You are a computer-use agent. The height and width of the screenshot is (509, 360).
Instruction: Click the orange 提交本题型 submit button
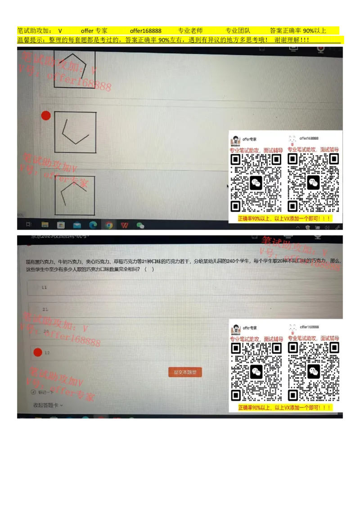[x=185, y=372]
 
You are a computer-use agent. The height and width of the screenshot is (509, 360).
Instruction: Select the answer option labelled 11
[x=44, y=287]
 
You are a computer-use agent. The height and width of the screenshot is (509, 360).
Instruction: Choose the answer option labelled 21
[x=45, y=309]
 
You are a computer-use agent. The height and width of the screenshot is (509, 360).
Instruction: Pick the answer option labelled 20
[x=45, y=331]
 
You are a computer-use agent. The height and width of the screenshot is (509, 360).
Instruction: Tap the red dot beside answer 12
[x=38, y=353]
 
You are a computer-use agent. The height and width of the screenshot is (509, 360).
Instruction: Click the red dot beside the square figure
[x=45, y=116]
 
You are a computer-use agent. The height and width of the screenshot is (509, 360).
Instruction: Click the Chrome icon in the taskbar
[x=109, y=225]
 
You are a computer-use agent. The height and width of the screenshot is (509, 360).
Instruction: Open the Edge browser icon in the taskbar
[x=93, y=225]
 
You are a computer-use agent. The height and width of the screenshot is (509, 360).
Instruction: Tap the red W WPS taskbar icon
[x=125, y=225]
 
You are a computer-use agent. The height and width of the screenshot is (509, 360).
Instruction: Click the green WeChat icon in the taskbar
[x=140, y=225]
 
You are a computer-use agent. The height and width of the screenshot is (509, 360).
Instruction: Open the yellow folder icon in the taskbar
[x=45, y=225]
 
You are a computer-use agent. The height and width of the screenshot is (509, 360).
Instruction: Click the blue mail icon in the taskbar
[x=77, y=225]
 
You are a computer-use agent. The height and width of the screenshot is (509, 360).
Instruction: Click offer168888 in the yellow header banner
[x=145, y=31]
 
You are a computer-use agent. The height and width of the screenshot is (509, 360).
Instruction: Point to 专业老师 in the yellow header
[x=190, y=31]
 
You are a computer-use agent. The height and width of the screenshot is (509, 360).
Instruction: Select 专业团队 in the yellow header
[x=238, y=31]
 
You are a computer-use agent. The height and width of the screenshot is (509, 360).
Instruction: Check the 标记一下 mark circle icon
[x=33, y=392]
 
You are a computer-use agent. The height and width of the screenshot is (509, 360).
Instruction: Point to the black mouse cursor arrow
[x=228, y=185]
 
